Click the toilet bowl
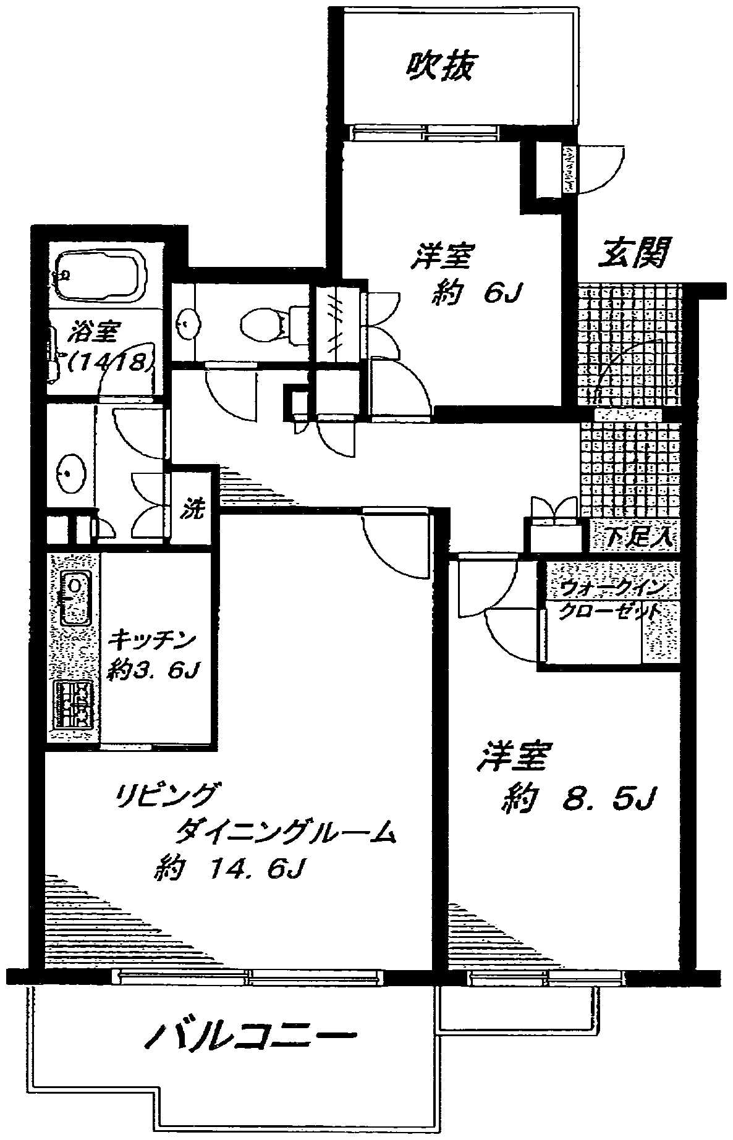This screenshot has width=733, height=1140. point(263,323)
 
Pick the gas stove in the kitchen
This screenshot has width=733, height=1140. point(74,705)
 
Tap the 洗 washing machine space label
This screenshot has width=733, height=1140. point(192,510)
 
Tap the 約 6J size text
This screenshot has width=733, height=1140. point(476,294)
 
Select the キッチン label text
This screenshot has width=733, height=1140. point(152,640)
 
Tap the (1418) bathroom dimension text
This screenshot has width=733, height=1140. point(108,363)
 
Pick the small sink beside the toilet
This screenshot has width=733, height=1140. point(185,322)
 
